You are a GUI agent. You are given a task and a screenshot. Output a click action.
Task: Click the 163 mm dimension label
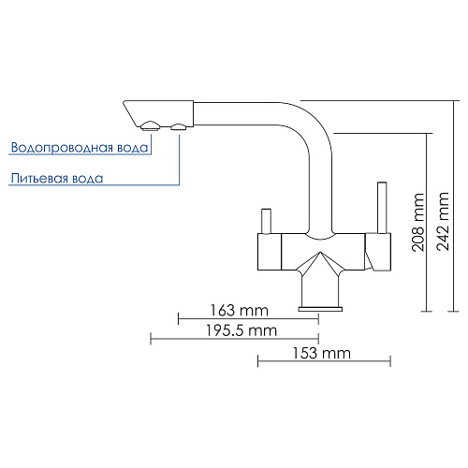point(239,311)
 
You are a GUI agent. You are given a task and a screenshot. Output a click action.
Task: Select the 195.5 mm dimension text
point(241,330)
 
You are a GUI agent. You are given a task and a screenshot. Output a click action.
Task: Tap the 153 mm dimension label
point(322,353)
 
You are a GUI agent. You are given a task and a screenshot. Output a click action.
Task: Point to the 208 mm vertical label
point(418,222)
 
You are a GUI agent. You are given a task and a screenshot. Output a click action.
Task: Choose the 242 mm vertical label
point(443,221)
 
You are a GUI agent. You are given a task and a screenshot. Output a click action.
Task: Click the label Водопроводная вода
point(80,148)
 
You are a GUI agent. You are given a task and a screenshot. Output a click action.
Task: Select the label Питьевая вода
point(57,179)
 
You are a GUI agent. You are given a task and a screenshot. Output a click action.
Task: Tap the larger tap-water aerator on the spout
point(151,125)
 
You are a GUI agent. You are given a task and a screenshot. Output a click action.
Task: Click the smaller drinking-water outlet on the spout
point(179,126)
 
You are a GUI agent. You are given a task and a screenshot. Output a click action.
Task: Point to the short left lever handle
point(266,221)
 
